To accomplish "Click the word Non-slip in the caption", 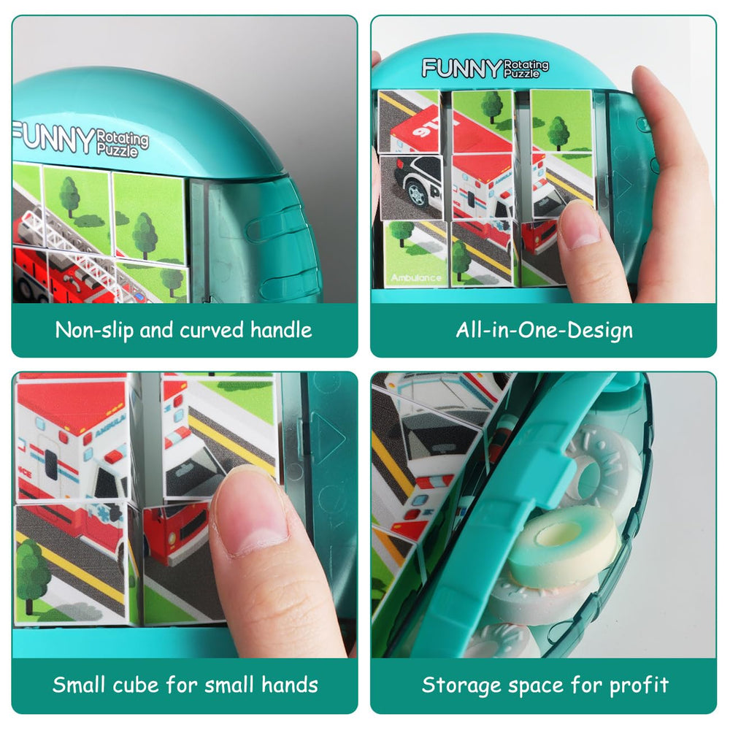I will click(93, 330).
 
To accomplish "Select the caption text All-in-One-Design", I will click(544, 330).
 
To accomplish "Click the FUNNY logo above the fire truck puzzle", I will click(53, 138).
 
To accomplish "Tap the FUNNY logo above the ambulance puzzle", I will click(461, 68).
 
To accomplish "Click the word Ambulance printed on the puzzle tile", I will click(415, 278).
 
